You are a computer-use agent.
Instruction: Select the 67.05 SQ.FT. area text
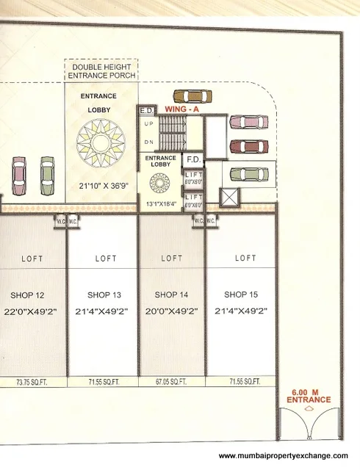[173, 382]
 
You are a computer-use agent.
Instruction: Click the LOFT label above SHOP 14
[172, 258]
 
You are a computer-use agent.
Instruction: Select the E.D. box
[145, 110]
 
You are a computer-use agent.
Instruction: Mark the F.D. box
[193, 159]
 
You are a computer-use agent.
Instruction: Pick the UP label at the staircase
[148, 124]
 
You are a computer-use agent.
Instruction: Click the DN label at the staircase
[148, 141]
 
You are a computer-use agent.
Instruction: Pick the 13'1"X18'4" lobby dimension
[160, 203]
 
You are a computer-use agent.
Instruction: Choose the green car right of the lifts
[247, 174]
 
